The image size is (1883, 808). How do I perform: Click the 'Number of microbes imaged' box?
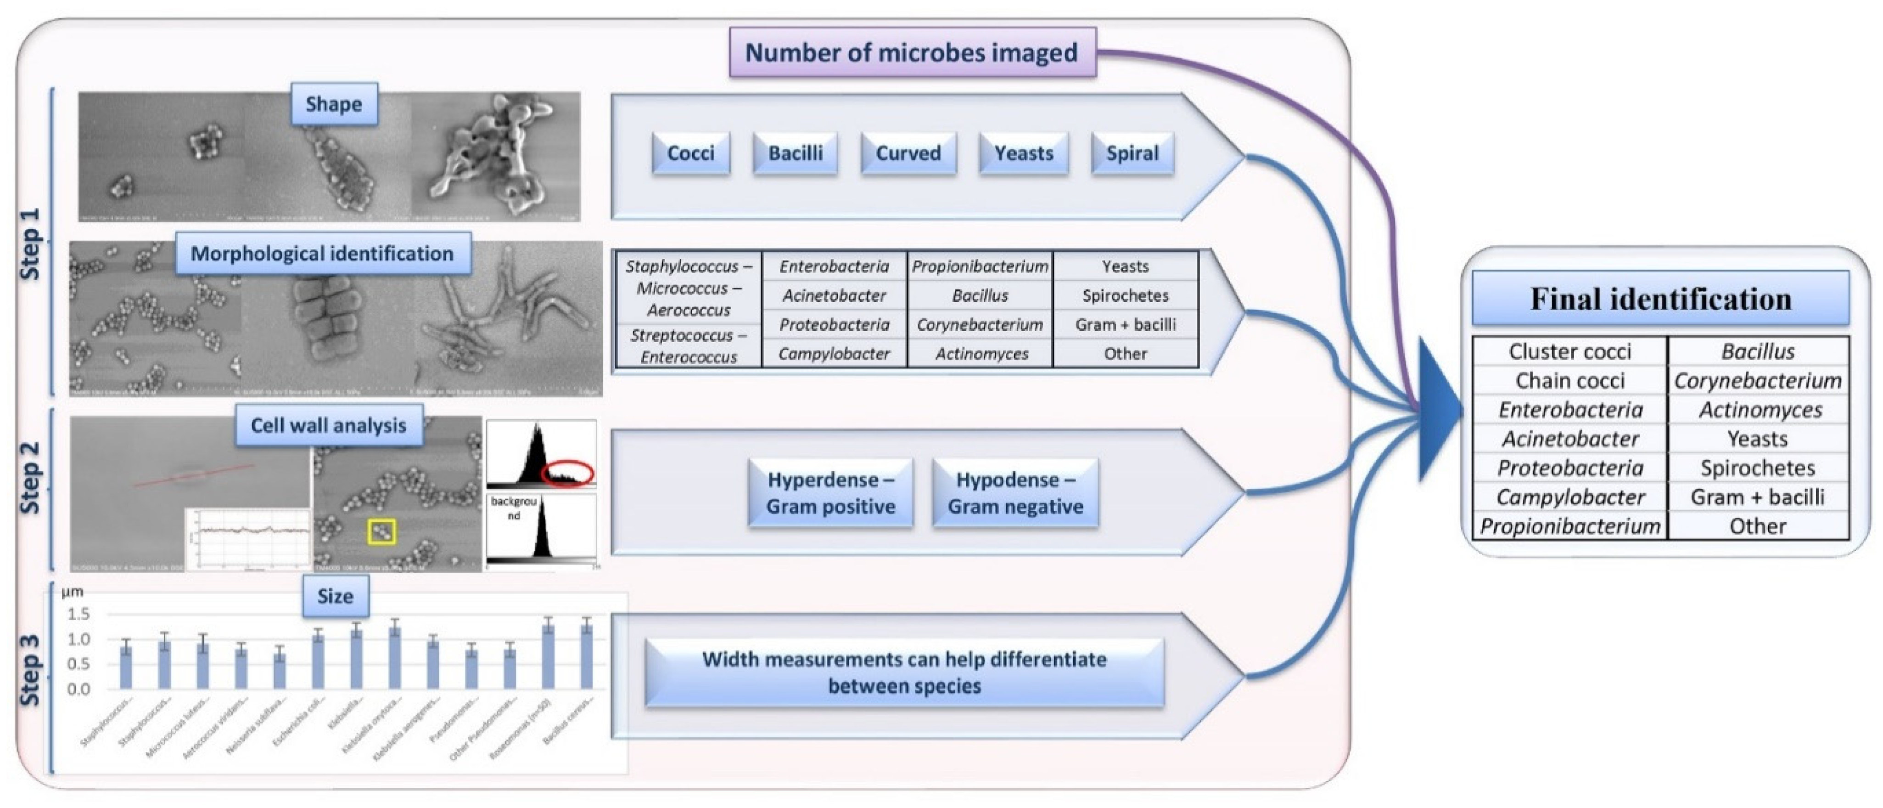click(912, 53)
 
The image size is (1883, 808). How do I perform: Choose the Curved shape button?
click(908, 153)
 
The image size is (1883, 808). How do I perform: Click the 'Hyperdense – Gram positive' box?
click(830, 493)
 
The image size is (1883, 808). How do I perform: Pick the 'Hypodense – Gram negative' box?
click(1015, 493)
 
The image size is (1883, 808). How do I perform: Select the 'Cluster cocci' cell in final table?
click(1569, 352)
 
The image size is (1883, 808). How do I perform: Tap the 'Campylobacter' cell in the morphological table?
click(834, 354)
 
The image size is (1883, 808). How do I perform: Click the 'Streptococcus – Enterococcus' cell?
click(689, 346)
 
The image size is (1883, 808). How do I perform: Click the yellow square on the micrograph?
click(381, 531)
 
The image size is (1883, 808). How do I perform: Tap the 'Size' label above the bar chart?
click(335, 596)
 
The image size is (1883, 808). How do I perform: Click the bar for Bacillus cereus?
click(586, 656)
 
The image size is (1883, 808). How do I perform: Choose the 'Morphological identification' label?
click(322, 254)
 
